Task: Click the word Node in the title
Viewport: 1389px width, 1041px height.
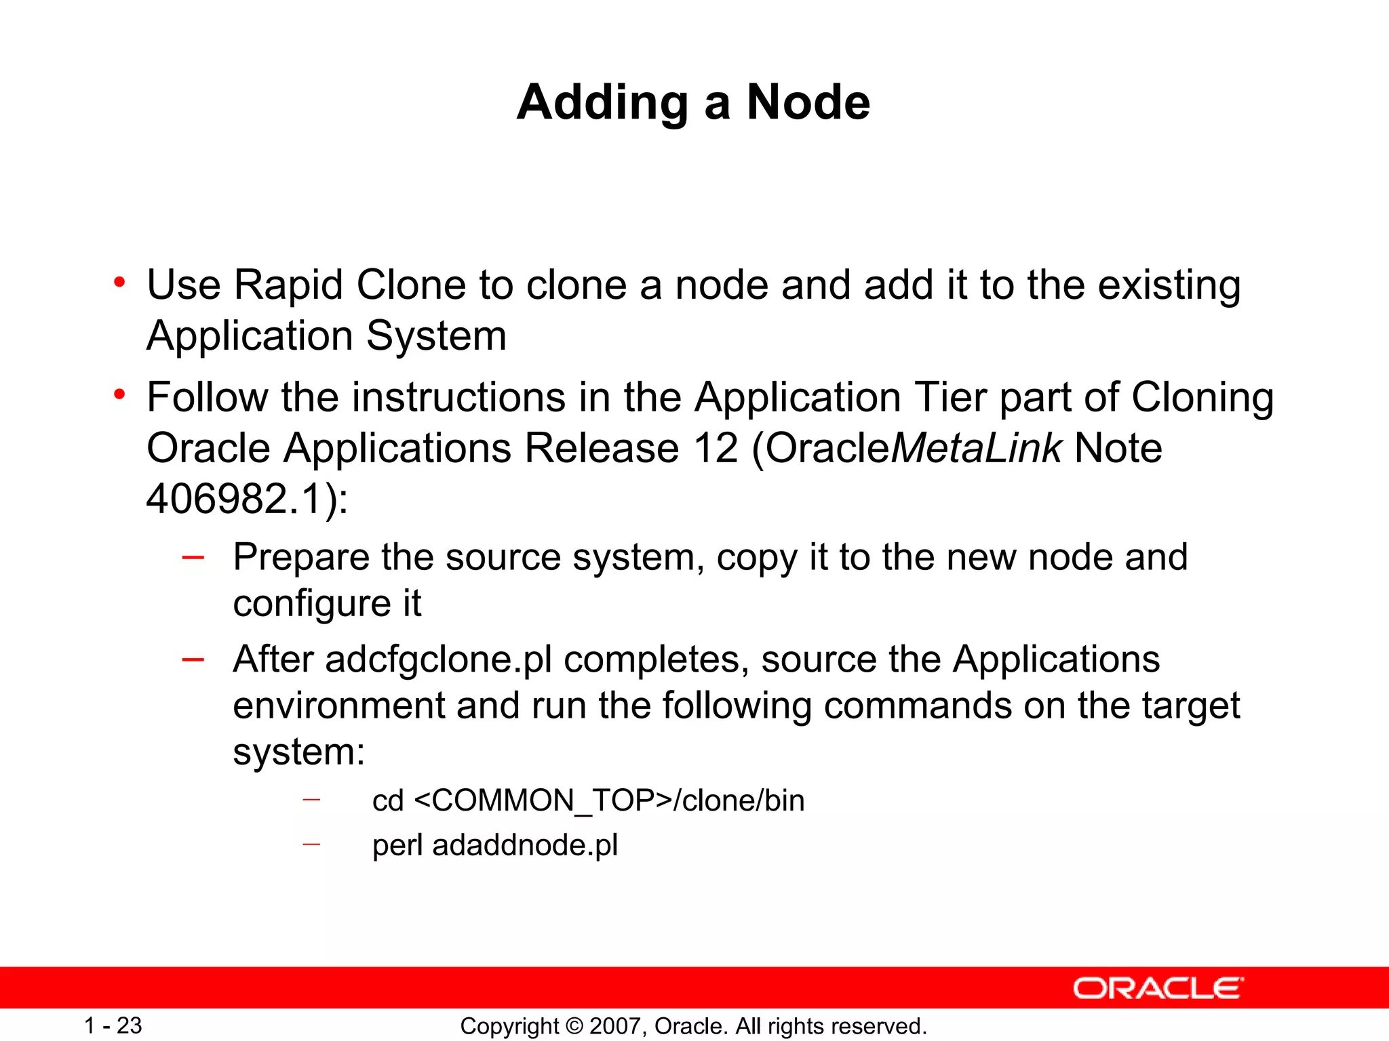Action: (808, 103)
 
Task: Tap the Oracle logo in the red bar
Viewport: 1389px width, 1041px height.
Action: (1158, 989)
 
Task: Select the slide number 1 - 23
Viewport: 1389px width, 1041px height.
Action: (113, 1025)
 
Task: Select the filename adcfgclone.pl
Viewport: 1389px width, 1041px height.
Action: (439, 659)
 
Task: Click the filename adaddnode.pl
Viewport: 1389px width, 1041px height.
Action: (525, 845)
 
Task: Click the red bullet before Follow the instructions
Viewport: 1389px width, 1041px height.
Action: (120, 394)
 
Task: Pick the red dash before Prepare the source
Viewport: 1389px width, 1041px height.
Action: (193, 558)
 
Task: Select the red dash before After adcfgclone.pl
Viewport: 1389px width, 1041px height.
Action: (193, 659)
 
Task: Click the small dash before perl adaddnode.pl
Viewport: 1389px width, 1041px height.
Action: (311, 844)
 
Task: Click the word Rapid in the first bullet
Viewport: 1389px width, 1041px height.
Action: (288, 285)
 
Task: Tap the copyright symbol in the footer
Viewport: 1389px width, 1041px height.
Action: (574, 1026)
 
